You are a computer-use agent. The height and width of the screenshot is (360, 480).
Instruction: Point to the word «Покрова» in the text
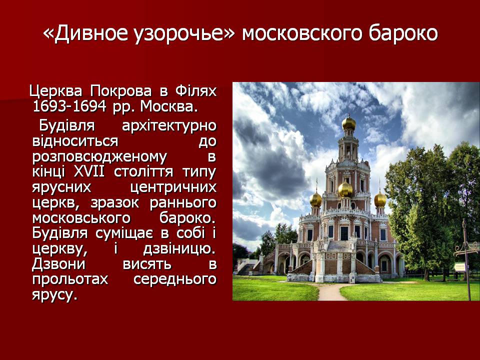[121, 91]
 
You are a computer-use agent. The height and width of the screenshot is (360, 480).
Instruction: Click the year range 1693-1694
[69, 106]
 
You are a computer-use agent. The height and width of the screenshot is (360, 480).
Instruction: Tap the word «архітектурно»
[169, 126]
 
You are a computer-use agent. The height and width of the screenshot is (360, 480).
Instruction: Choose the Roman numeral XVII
[89, 171]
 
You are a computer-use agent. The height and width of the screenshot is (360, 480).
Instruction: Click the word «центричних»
[173, 187]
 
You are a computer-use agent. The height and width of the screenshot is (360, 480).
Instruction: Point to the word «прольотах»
[70, 279]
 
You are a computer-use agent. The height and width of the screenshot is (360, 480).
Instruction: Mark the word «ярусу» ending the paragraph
[53, 295]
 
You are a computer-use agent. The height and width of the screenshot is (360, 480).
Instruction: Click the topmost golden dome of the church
[349, 123]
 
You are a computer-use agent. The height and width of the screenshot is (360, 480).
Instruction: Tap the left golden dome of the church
[315, 199]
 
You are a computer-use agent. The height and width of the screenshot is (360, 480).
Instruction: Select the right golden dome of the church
[380, 199]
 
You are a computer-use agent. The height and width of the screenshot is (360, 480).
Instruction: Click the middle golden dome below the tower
[345, 190]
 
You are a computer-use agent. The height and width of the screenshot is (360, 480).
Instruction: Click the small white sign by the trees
[460, 267]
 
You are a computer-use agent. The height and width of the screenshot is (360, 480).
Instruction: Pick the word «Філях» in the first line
[196, 91]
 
